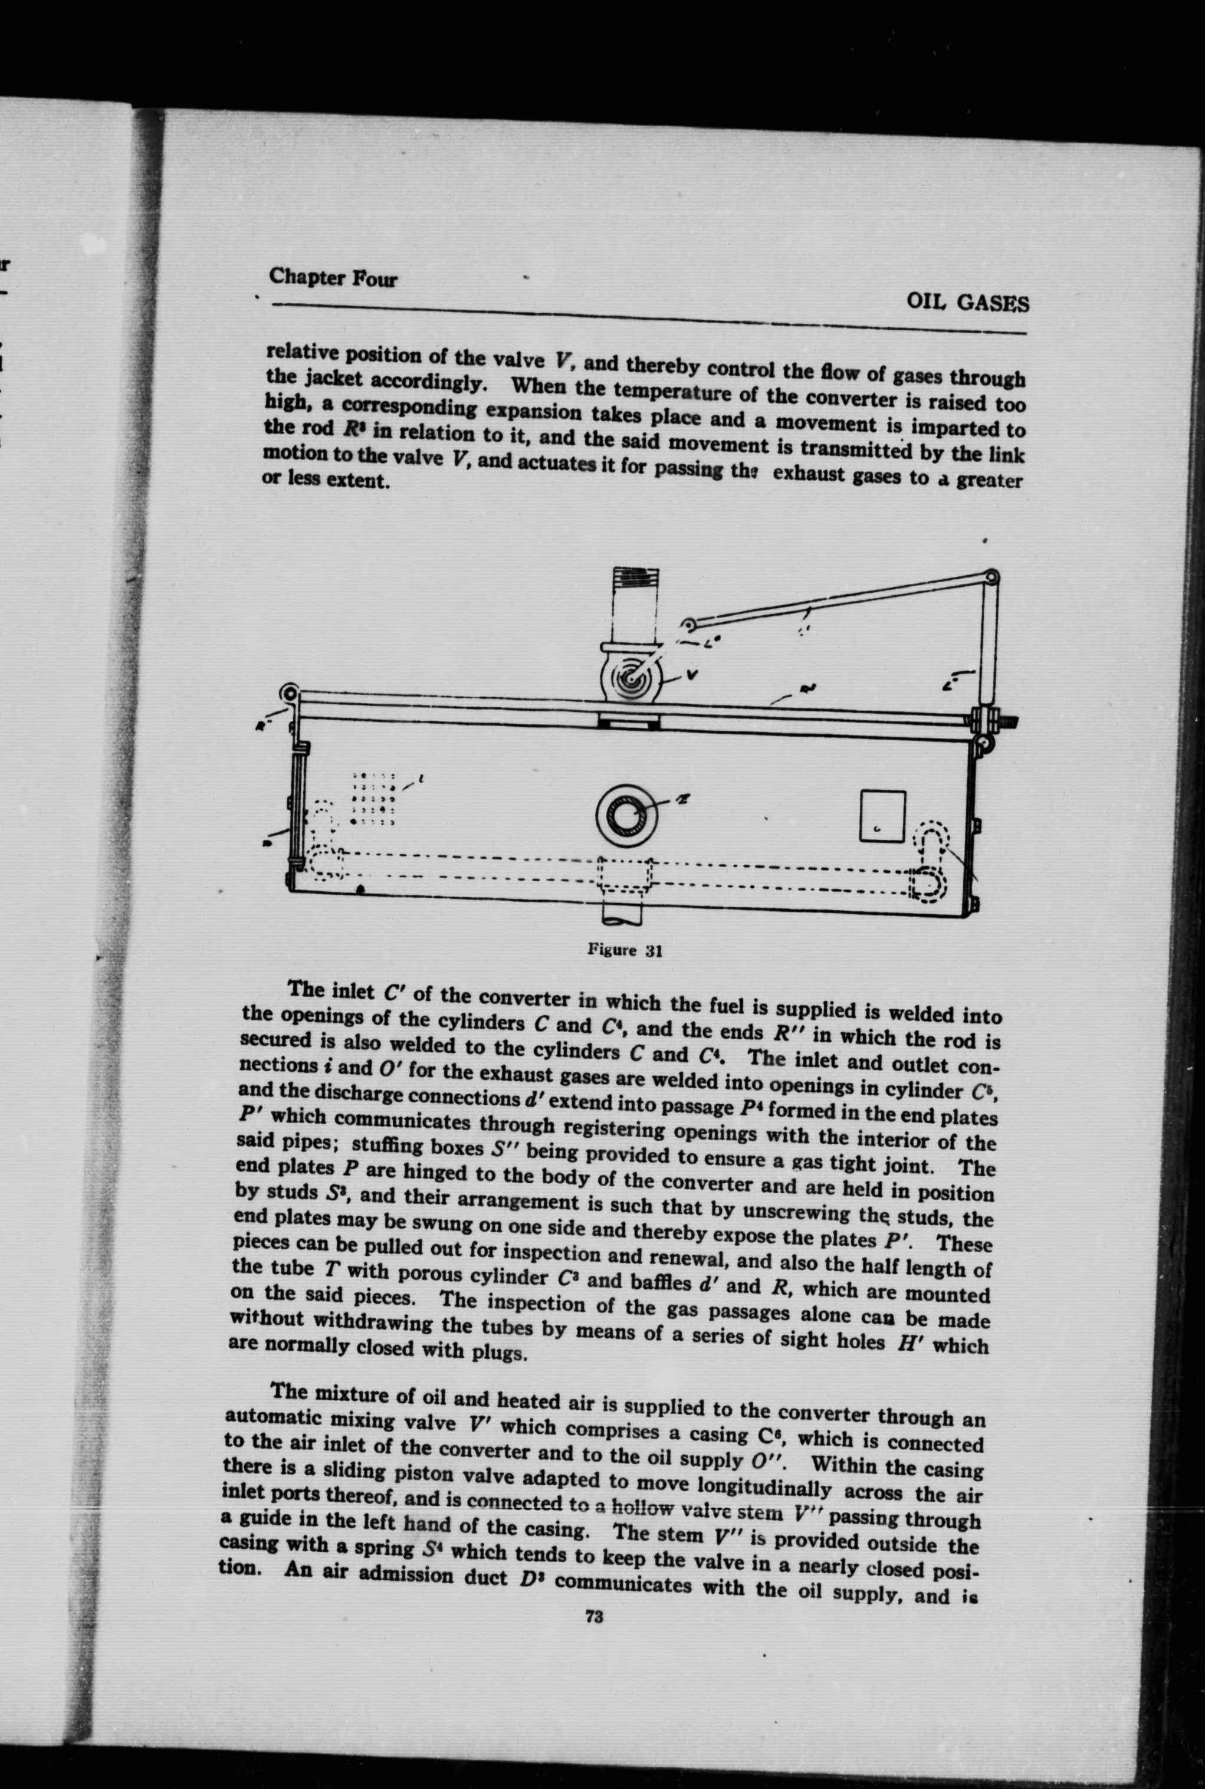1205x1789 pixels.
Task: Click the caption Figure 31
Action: [624, 950]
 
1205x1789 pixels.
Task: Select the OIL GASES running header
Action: [967, 302]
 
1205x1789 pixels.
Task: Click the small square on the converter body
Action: [881, 816]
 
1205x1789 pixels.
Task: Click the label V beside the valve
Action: [692, 675]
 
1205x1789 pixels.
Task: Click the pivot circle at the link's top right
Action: [992, 576]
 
